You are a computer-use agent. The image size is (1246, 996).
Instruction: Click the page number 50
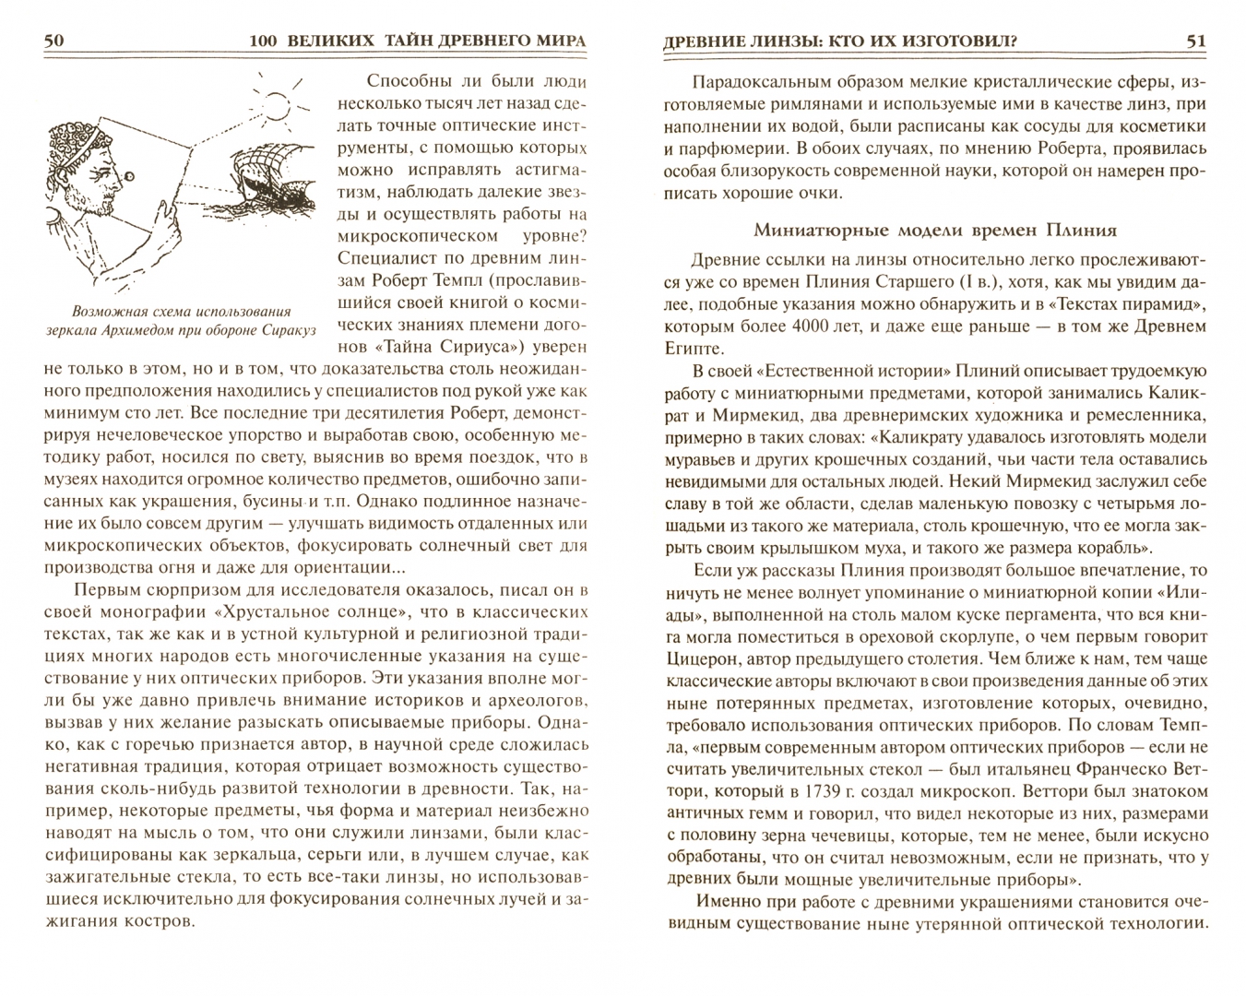[x=53, y=41]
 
